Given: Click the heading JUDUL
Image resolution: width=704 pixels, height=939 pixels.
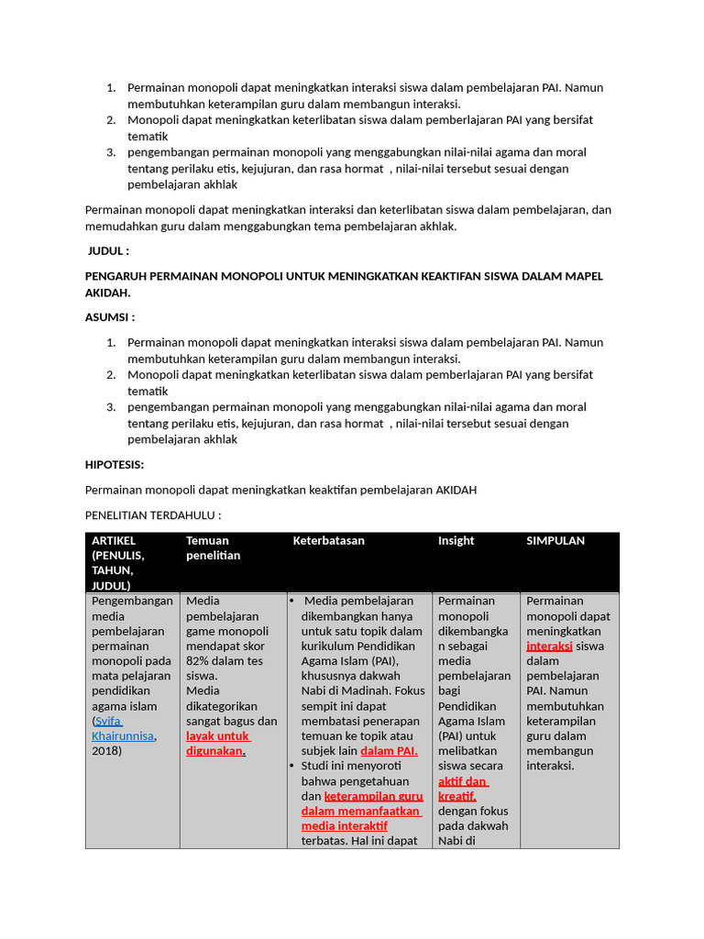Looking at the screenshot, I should click(108, 251).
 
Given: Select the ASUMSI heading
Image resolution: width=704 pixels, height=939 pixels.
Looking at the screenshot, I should click(110, 317).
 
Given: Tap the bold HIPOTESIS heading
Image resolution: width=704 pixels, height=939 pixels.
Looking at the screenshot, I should click(115, 465).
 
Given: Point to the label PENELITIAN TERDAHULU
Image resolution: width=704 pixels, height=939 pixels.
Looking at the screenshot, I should click(153, 515).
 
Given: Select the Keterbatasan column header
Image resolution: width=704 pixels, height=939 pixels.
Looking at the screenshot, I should click(328, 541).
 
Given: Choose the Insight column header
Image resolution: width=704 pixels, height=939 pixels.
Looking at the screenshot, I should click(456, 541).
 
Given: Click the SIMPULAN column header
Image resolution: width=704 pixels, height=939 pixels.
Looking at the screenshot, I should click(555, 541).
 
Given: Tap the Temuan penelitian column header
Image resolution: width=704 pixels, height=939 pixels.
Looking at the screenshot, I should click(213, 547).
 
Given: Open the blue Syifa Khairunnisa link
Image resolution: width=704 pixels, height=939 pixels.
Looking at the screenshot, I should click(123, 728).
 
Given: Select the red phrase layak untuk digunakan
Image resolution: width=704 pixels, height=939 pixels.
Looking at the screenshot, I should click(218, 743).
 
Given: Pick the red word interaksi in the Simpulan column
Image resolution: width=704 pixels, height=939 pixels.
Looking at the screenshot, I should click(549, 646).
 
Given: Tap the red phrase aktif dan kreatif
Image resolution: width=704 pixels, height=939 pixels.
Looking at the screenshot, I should click(463, 789).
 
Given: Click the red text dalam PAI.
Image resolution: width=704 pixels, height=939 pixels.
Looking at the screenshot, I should click(389, 750).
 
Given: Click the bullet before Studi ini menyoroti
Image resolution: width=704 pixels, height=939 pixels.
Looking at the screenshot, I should click(291, 765).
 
